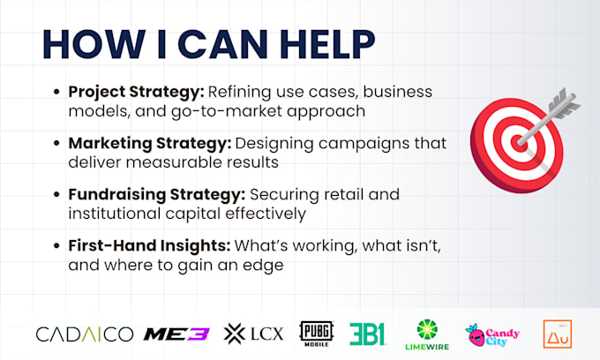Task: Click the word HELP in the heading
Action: (x=328, y=44)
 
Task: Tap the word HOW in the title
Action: (x=94, y=44)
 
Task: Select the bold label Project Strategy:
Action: (x=137, y=92)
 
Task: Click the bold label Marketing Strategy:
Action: (x=150, y=144)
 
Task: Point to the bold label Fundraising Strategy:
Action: (x=157, y=195)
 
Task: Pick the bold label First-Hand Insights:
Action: (x=150, y=245)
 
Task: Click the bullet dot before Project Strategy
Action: (x=56, y=92)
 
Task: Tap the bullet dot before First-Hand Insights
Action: (x=56, y=245)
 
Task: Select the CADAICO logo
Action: (x=85, y=334)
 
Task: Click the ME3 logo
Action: (x=176, y=334)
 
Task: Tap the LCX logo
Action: (x=254, y=334)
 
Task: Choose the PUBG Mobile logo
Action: (x=317, y=334)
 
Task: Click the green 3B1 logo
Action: (x=368, y=334)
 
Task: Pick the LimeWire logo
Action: (x=427, y=334)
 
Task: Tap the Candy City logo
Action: (x=492, y=335)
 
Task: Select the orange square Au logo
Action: (x=558, y=334)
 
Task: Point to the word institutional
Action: (x=115, y=214)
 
